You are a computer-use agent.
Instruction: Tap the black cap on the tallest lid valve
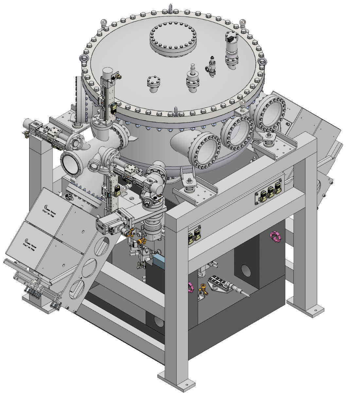tap(230, 38)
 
